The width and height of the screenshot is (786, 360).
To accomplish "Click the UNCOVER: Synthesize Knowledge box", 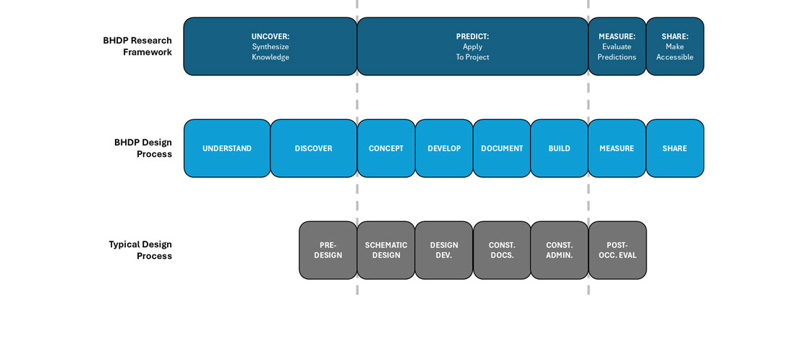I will (x=270, y=47).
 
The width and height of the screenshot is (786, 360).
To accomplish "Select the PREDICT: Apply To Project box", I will (x=472, y=47).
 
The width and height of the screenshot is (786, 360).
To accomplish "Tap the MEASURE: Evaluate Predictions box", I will (x=617, y=47).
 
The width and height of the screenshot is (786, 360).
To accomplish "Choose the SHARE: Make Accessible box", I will (x=675, y=47).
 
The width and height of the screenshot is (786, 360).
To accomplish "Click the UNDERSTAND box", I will (x=227, y=148).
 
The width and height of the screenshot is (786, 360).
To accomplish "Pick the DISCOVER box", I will (x=314, y=148).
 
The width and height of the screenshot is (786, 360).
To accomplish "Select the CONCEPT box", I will (x=386, y=148).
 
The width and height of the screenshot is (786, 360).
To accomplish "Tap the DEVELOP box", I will (x=444, y=148).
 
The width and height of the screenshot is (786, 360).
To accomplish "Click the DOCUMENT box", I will (x=502, y=148).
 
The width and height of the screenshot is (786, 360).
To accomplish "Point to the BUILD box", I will (x=559, y=148).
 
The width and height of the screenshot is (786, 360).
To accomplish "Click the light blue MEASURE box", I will (x=617, y=148).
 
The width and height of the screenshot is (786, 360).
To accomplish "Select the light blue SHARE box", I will (x=675, y=148).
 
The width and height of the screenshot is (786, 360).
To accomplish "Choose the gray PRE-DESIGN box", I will (x=328, y=250).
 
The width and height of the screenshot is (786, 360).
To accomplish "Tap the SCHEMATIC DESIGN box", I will (x=386, y=250).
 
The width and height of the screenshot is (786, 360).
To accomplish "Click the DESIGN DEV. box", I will (x=444, y=250).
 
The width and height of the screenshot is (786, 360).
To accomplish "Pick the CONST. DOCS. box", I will (x=502, y=250).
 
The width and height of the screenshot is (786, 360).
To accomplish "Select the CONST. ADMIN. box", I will (x=559, y=250).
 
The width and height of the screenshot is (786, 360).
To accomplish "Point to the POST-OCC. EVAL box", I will (x=618, y=250).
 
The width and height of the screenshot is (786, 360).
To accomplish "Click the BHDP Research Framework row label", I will (x=137, y=46).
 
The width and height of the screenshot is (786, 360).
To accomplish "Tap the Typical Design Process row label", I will (x=140, y=250).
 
